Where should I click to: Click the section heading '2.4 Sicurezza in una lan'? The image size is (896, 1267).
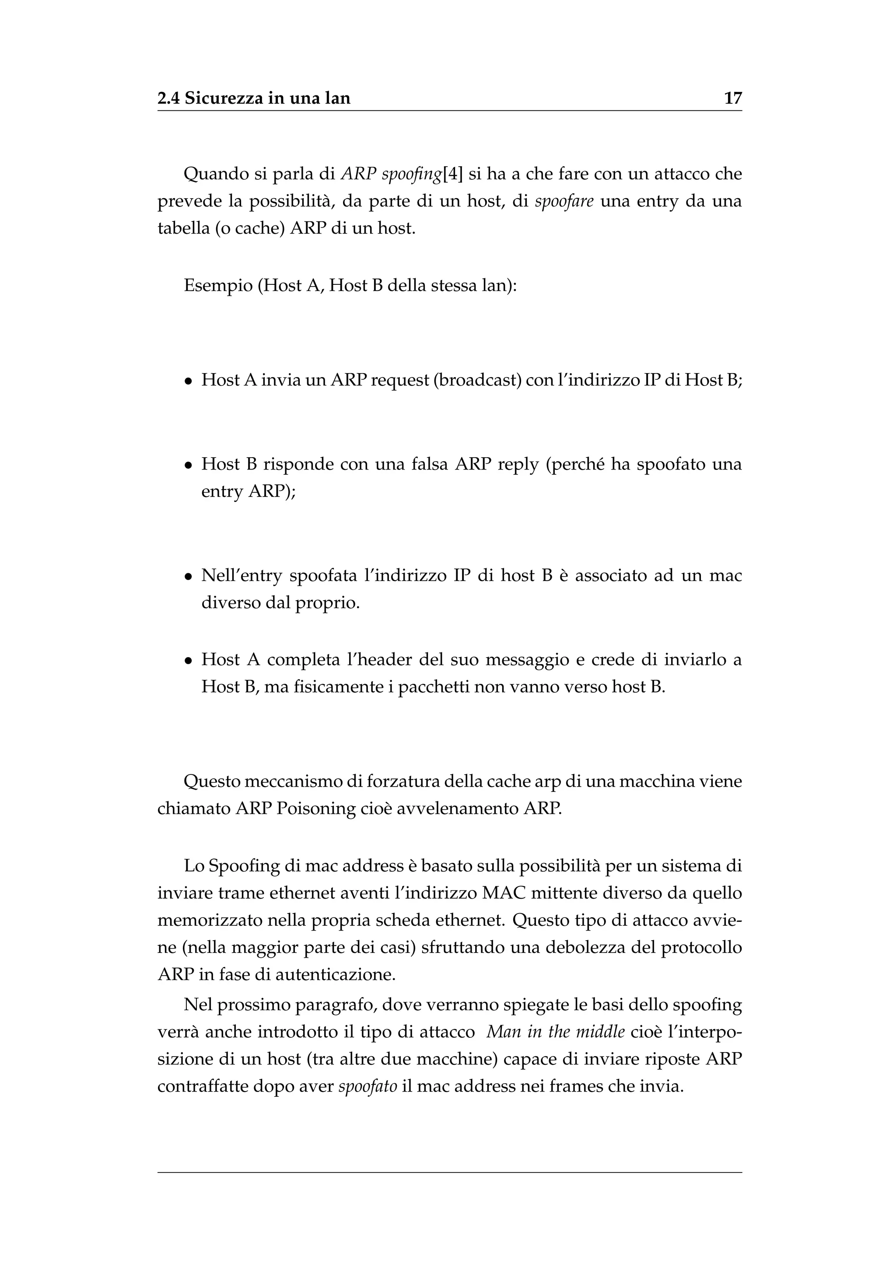[254, 98]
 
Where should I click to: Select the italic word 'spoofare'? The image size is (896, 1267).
[564, 201]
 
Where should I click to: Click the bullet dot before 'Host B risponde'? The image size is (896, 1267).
[189, 465]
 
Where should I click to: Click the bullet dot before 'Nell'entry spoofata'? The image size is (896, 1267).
[189, 577]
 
